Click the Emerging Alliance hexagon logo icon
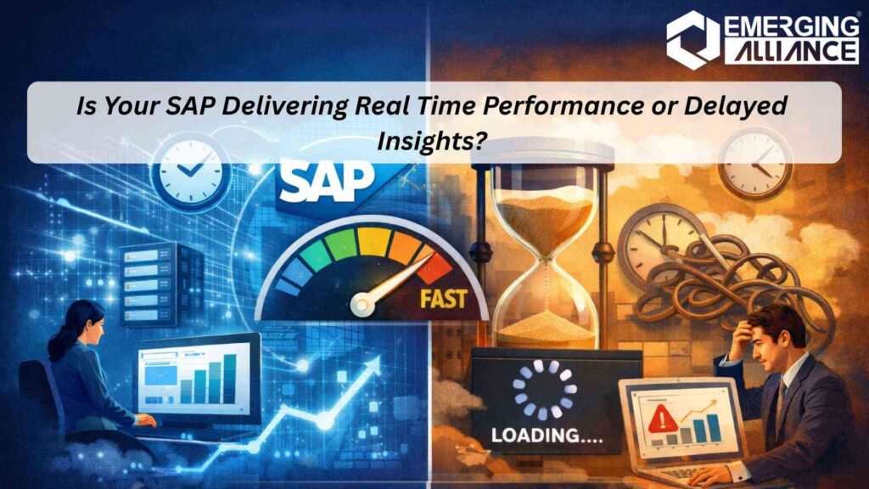[692, 38]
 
